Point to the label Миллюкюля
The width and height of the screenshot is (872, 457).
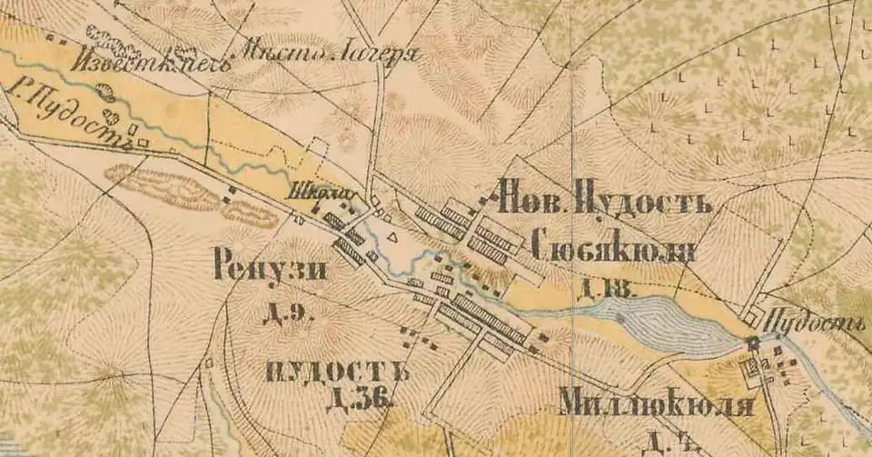(657, 402)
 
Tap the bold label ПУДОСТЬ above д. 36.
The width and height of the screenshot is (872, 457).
(336, 372)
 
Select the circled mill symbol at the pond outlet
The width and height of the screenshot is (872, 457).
(752, 342)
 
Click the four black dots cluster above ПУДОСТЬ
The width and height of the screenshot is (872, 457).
(419, 340)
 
